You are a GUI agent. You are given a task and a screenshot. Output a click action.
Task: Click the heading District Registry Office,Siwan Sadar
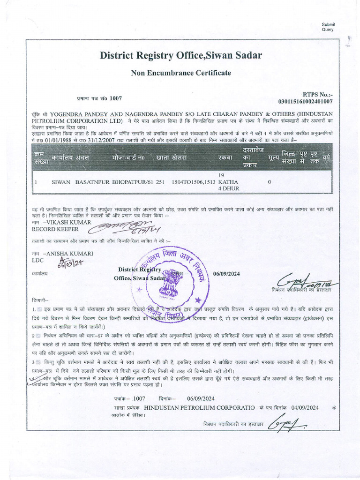pyautogui.click(x=180, y=56)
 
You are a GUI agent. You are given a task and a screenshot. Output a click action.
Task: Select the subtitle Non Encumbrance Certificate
pyautogui.click(x=180, y=73)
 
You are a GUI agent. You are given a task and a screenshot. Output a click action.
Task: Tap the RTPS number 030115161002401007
pyautogui.click(x=305, y=101)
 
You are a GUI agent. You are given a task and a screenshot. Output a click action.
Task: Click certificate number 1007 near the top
pyautogui.click(x=115, y=98)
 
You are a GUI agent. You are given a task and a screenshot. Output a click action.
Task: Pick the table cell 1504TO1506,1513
pyautogui.click(x=194, y=181)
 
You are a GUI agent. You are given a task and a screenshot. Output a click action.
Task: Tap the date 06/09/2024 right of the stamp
pyautogui.click(x=226, y=273)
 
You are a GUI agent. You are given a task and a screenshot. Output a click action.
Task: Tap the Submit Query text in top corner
pyautogui.click(x=328, y=27)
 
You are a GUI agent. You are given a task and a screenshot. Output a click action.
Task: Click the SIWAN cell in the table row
pyautogui.click(x=61, y=181)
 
